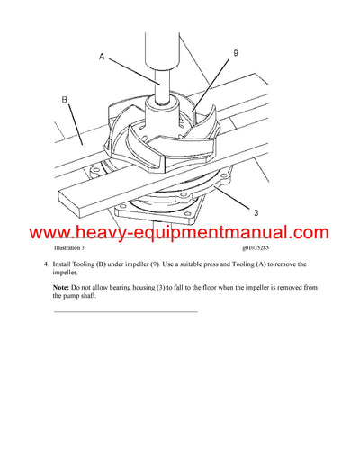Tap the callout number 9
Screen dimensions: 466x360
(235, 54)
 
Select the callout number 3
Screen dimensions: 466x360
(255, 212)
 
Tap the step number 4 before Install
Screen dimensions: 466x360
(45, 264)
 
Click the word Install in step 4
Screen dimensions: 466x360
(65, 264)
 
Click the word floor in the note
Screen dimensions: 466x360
(213, 285)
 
